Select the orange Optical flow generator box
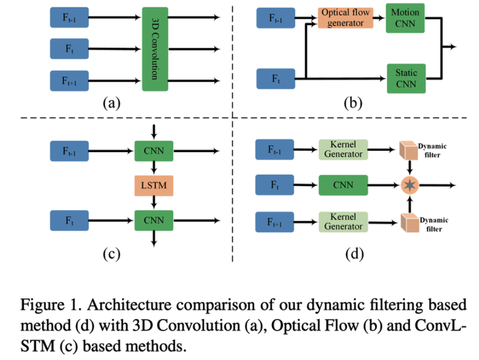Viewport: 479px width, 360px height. click(345, 18)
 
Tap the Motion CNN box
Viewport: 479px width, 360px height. click(405, 18)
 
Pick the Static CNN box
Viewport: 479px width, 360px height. click(405, 78)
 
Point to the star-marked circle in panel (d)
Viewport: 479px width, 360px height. click(409, 185)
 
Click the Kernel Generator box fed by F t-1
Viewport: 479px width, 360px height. click(343, 149)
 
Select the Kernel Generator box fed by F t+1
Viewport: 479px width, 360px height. click(343, 222)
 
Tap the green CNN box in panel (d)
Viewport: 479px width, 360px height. click(343, 185)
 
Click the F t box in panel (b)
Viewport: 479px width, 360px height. click(276, 78)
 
